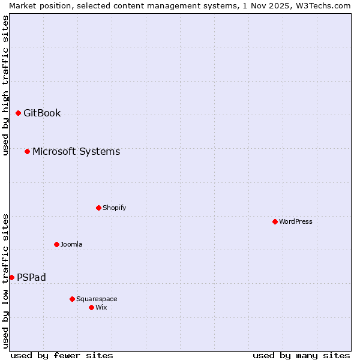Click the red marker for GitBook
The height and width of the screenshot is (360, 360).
coord(18,113)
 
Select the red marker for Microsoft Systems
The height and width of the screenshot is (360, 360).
coord(27,151)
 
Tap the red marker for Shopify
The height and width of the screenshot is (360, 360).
coord(98,208)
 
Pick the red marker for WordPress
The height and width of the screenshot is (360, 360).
coord(275,221)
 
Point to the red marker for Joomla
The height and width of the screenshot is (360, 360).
coord(56,244)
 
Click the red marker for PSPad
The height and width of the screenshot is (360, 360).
coord(11,277)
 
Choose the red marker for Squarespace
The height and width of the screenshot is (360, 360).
coord(72,299)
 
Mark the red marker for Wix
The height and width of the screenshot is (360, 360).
coord(91,307)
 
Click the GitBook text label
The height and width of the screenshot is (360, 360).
coord(42,113)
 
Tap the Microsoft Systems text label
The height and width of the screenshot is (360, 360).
coord(76,151)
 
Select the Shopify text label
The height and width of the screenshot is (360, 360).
coord(114,208)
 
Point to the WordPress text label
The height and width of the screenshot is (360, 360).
coord(295,221)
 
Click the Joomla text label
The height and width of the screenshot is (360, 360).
coord(71,244)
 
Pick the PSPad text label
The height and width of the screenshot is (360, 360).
coord(31,277)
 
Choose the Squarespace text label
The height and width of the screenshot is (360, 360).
coord(97,299)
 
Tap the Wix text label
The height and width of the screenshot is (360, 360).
coord(101,307)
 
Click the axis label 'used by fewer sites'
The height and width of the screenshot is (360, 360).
coord(62,355)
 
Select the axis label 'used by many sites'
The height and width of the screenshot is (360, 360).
coord(301,355)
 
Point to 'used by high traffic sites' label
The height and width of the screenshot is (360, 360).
coord(5,85)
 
